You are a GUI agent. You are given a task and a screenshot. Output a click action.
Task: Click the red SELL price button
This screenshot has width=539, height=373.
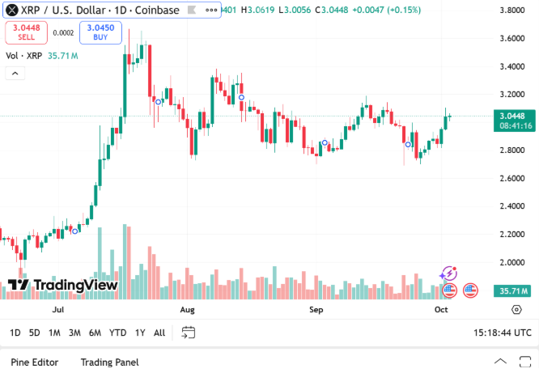click(27, 32)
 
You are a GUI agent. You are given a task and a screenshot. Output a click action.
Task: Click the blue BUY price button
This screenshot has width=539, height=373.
click(100, 32)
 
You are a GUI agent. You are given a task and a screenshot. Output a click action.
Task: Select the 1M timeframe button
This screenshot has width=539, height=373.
click(54, 333)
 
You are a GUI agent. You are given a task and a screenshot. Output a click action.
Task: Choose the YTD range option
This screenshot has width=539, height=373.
click(117, 333)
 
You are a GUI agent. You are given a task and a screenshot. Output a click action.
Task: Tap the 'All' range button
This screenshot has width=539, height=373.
click(159, 333)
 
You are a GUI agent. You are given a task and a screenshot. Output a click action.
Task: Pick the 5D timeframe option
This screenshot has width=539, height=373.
click(34, 333)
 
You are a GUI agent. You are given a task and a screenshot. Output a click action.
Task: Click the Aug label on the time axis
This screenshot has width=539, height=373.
click(188, 310)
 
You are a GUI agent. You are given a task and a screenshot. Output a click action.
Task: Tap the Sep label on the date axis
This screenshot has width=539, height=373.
click(316, 310)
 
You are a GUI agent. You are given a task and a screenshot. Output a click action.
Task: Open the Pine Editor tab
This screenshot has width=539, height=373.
click(34, 362)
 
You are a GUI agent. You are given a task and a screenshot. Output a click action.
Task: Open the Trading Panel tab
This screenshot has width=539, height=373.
click(109, 362)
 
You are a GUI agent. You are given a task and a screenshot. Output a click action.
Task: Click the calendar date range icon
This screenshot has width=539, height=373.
click(189, 332)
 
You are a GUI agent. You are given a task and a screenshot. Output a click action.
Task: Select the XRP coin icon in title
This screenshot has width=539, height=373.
click(12, 11)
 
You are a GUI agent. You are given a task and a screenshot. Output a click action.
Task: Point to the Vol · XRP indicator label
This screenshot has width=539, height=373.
click(24, 56)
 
